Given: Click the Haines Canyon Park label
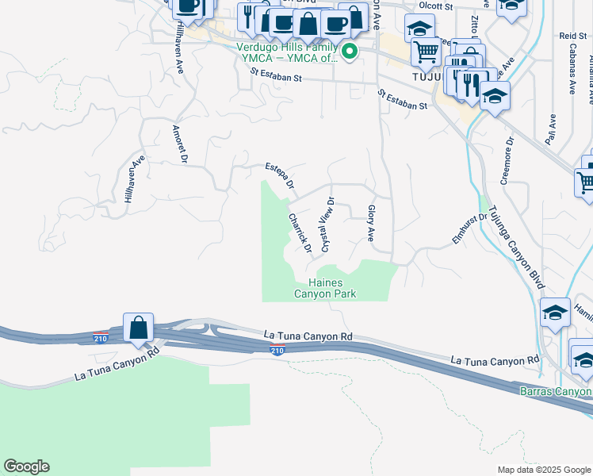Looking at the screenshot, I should tap(325, 287).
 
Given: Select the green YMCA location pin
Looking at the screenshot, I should tap(349, 52).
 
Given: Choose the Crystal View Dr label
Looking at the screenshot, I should tap(327, 226).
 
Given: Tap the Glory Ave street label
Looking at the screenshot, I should tap(370, 223).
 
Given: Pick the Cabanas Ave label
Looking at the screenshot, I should tap(571, 75).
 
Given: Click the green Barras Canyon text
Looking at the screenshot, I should tap(556, 391).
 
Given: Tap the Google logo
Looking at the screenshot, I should tap(26, 466).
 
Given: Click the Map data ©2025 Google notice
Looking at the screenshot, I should tap(544, 470).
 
